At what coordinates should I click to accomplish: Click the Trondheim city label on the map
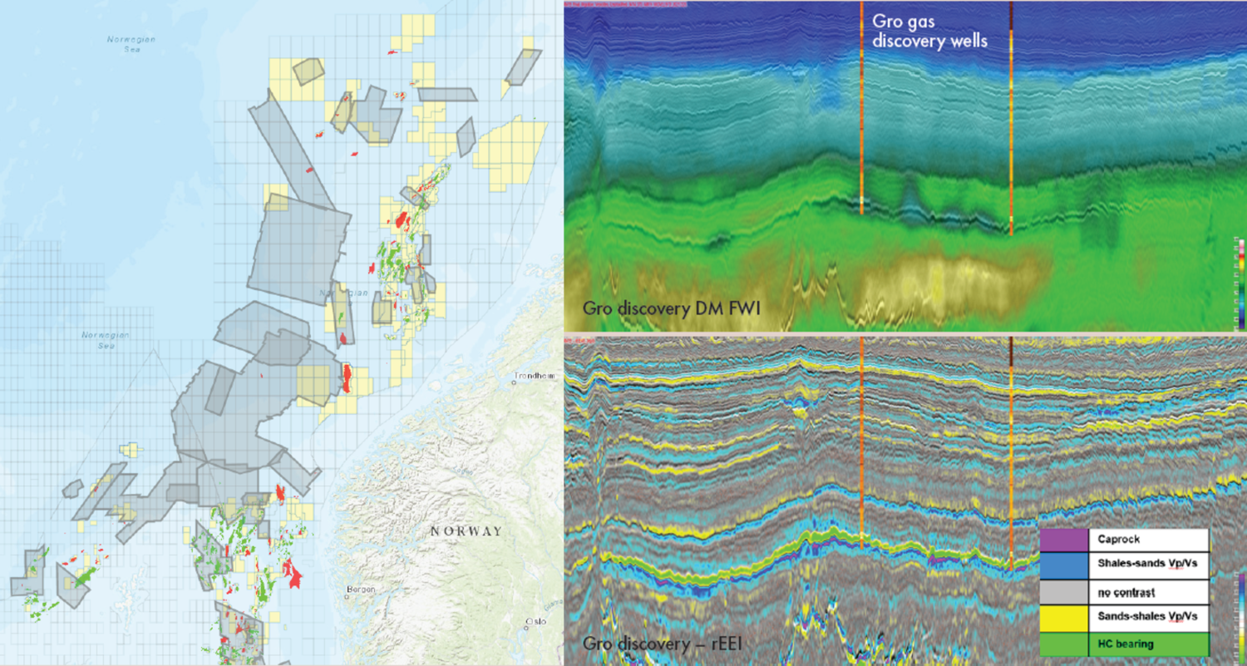pyautogui.click(x=534, y=376)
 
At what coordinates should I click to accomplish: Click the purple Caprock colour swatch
pyautogui.click(x=1064, y=540)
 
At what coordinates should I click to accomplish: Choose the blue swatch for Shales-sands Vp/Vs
pyautogui.click(x=1064, y=565)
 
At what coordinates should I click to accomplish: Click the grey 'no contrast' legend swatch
pyautogui.click(x=1064, y=591)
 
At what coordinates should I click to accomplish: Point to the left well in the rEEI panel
pyautogui.click(x=862, y=441)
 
